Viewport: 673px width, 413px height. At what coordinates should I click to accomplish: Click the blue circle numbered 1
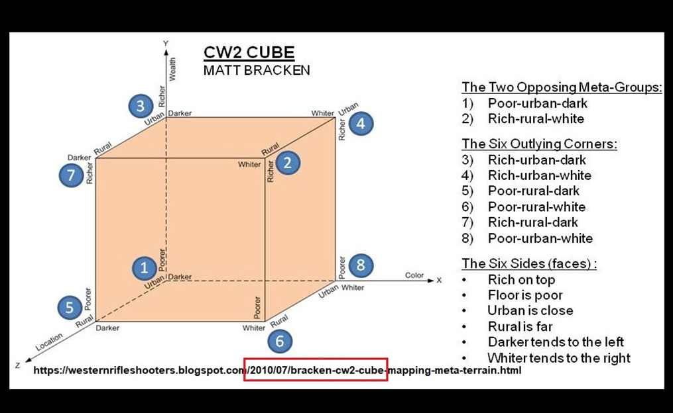pyautogui.click(x=144, y=269)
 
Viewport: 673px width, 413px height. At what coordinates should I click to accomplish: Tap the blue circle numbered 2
pyautogui.click(x=287, y=163)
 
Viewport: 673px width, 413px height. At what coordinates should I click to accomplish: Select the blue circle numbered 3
pyautogui.click(x=141, y=106)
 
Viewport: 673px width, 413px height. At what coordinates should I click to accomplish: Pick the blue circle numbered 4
pyautogui.click(x=361, y=124)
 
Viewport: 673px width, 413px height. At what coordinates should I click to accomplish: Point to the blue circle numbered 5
pyautogui.click(x=70, y=308)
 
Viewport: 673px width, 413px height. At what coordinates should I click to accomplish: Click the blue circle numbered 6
pyautogui.click(x=280, y=341)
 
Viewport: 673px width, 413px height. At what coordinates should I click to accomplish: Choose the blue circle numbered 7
pyautogui.click(x=71, y=175)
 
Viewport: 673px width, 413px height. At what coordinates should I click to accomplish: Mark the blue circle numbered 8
pyautogui.click(x=361, y=265)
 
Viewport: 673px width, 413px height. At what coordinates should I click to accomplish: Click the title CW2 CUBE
pyautogui.click(x=249, y=53)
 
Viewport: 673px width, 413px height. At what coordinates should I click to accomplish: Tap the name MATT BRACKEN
pyautogui.click(x=257, y=70)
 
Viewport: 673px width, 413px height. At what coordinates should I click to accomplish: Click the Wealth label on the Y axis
pyautogui.click(x=172, y=69)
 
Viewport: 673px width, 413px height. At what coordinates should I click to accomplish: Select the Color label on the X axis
pyautogui.click(x=414, y=275)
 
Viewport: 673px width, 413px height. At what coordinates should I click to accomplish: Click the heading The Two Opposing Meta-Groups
pyautogui.click(x=562, y=87)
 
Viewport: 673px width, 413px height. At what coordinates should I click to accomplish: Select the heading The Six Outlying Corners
pyautogui.click(x=539, y=144)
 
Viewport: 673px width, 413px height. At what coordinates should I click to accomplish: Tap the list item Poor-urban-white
pyautogui.click(x=540, y=238)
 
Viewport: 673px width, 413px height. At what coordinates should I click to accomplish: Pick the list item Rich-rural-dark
pyautogui.click(x=533, y=222)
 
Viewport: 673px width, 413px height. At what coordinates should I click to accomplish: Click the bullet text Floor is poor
pyautogui.click(x=525, y=295)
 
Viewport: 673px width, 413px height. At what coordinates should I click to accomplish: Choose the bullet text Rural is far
pyautogui.click(x=520, y=326)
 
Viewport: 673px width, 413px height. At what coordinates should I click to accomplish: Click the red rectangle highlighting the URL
pyautogui.click(x=316, y=370)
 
